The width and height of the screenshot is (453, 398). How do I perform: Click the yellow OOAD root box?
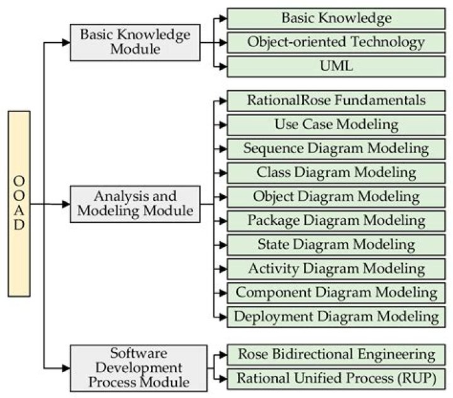pos(19,203)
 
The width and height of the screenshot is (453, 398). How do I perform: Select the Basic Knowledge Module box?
pos(135,42)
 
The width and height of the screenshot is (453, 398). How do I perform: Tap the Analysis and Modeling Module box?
pos(135,203)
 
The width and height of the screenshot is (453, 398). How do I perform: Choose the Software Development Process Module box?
pos(138,367)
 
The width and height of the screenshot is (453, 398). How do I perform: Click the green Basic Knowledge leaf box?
pos(336,18)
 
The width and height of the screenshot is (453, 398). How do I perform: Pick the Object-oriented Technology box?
pos(336,42)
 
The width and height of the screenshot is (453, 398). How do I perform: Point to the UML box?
pos(336,66)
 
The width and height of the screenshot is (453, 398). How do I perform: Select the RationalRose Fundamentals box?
pos(336,101)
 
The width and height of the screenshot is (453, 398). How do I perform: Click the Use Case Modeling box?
pos(336,125)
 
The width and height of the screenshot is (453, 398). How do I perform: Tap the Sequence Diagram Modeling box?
pos(336,149)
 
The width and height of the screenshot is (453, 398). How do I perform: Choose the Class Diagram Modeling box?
pos(336,173)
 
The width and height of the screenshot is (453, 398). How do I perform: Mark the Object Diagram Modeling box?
pos(336,196)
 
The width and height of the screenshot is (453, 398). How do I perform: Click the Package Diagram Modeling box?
pos(336,220)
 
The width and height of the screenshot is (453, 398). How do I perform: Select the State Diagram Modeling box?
pos(336,244)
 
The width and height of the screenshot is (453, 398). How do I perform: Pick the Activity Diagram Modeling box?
pos(336,268)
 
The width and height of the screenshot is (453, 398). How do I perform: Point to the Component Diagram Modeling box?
pos(336,292)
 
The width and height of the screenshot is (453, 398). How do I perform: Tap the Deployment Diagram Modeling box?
pos(336,316)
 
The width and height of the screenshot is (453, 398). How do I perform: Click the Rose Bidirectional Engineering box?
pos(336,354)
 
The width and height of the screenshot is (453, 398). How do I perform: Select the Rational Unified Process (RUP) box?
pos(336,378)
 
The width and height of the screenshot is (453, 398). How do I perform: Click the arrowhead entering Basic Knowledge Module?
pos(65,42)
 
